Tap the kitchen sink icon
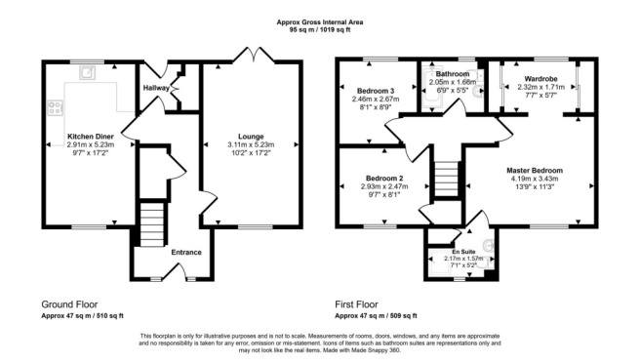[x=91, y=71]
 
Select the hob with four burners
[x=52, y=109]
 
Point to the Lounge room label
[x=250, y=137]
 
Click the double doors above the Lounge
[x=251, y=54]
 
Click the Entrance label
[x=185, y=253]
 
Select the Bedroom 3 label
[x=377, y=91]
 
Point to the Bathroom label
[x=453, y=74]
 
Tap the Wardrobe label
[x=540, y=78]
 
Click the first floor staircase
[x=445, y=180]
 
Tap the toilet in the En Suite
[x=488, y=247]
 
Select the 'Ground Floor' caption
[x=69, y=304]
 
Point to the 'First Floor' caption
[x=362, y=304]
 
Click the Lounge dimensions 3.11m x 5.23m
[x=250, y=145]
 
